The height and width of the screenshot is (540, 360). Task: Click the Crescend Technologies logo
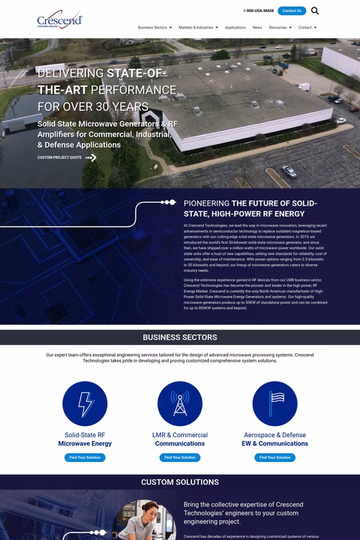(59, 20)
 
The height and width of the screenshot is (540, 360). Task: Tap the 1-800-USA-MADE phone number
(258, 10)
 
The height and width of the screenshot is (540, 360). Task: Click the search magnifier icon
(315, 10)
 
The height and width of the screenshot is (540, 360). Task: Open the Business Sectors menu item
(154, 27)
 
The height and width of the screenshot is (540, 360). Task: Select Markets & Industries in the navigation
(198, 27)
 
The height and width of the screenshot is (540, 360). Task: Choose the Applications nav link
(235, 27)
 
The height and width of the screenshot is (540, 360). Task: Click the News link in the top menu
(257, 27)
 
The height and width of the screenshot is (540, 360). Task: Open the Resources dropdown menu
(280, 27)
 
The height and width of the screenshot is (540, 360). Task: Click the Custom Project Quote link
(59, 157)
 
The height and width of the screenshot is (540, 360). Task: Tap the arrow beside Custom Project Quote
(91, 157)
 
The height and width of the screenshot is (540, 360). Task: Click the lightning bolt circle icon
(85, 403)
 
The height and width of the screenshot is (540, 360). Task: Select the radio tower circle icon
(180, 403)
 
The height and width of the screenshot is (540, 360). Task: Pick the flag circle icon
(274, 403)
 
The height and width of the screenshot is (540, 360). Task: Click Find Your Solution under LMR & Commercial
(180, 457)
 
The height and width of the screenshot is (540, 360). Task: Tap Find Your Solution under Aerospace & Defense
(274, 457)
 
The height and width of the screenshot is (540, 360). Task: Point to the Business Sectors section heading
(180, 337)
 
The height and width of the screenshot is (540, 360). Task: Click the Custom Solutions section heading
(180, 482)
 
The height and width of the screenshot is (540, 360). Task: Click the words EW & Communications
(274, 443)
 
